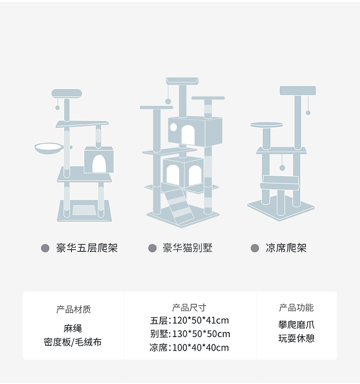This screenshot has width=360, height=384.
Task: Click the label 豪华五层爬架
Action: (x=87, y=248)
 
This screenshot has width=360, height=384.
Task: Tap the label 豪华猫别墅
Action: (x=187, y=248)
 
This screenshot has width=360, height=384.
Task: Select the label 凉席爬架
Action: (x=286, y=248)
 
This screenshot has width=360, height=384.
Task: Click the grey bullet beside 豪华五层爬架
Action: (x=45, y=248)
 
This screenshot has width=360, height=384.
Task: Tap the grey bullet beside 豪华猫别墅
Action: (x=153, y=248)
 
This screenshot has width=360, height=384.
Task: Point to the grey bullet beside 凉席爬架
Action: (x=255, y=248)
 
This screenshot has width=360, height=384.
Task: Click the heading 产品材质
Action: (x=73, y=309)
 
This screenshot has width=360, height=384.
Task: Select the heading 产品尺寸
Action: (x=189, y=307)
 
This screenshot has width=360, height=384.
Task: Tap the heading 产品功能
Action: (x=296, y=307)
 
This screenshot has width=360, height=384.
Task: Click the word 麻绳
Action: (x=73, y=328)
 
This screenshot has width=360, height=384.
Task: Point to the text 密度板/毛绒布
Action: (x=73, y=342)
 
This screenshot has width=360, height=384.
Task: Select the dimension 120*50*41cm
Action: (x=201, y=320)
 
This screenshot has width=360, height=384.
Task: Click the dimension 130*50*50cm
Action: (x=201, y=334)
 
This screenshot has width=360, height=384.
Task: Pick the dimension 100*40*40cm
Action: (x=201, y=348)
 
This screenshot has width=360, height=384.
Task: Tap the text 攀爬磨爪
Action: (x=296, y=325)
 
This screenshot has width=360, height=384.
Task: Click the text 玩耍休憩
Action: (x=296, y=338)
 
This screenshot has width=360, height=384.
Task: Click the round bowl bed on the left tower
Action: (x=49, y=148)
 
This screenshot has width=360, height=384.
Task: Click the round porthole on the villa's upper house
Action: (x=173, y=126)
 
